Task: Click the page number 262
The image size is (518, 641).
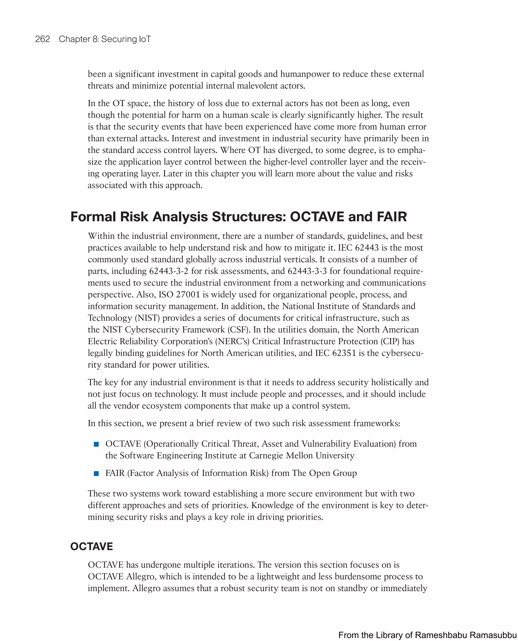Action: (42, 39)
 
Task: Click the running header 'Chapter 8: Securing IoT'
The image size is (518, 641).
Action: (105, 39)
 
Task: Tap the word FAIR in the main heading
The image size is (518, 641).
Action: (392, 217)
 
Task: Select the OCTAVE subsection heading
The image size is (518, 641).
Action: (91, 546)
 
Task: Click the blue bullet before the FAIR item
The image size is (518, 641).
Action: (96, 474)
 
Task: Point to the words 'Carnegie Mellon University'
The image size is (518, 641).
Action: (302, 456)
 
